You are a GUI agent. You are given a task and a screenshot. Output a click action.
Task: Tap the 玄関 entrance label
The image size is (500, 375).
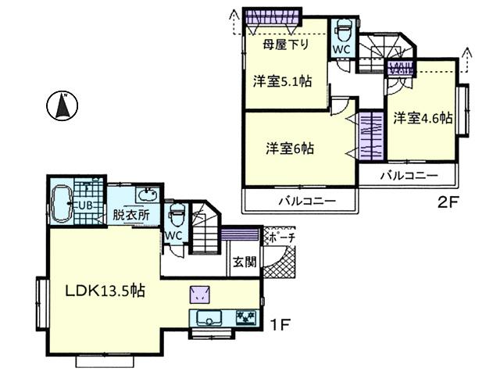click(243, 262)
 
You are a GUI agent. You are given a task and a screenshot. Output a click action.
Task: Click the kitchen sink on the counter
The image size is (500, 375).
click(209, 317)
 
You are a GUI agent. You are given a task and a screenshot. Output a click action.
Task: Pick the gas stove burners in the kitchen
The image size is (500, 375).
click(245, 318)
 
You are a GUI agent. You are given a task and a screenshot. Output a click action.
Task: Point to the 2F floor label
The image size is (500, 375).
click(446, 202)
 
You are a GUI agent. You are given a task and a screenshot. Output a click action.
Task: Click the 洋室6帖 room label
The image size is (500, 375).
click(289, 147)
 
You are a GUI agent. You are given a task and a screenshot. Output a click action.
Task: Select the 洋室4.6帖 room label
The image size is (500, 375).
click(423, 119)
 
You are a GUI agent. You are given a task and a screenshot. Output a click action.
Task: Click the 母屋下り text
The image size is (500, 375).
click(286, 44)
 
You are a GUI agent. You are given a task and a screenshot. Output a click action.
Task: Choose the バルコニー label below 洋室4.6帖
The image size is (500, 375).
click(408, 175)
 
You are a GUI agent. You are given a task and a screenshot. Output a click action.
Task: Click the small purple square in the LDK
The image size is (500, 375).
click(198, 294)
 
